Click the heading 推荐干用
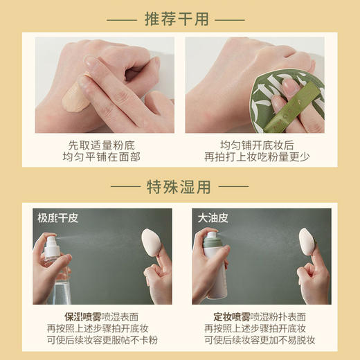point(179,19)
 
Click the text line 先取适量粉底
point(102,144)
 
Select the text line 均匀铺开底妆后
point(255,144)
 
